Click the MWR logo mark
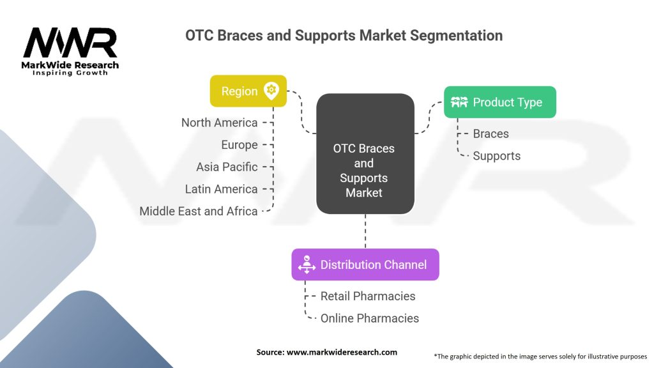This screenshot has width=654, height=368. coord(70,43)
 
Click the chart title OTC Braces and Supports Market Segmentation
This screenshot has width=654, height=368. coord(344,35)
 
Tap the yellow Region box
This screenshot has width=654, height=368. coord(248,91)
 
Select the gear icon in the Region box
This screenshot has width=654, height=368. coord(271,91)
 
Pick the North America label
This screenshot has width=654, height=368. coord(219,123)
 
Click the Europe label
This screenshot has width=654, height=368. coord(239,145)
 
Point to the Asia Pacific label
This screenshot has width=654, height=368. coord(227,167)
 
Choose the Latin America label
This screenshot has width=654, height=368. coord(221,189)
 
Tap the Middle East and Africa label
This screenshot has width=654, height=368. coord(199,211)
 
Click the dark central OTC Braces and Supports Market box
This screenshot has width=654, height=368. coord(365,153)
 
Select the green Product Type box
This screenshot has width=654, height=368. coord(499,102)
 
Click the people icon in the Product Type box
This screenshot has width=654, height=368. coord(459,102)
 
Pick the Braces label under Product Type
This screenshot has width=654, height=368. coord(490,134)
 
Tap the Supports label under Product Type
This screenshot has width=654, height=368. coord(496,156)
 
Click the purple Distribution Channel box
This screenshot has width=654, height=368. coord(365,264)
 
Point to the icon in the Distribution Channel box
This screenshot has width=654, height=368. coord(307,264)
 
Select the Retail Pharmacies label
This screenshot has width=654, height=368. coord(367,296)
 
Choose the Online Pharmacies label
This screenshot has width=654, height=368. coord(369,318)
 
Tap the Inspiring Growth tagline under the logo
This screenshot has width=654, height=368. coord(70,73)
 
